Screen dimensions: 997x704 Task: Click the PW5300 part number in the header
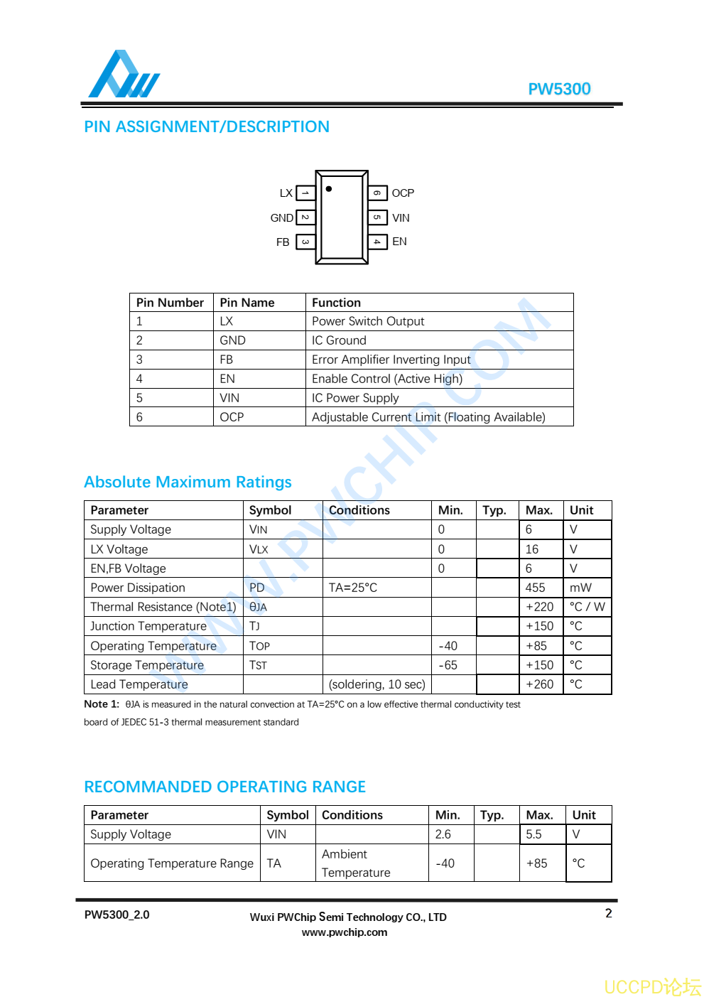tap(559, 89)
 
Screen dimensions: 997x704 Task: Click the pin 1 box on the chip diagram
tap(305, 193)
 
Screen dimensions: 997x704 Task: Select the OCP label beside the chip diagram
tap(403, 193)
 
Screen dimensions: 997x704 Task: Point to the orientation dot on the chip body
tap(328, 189)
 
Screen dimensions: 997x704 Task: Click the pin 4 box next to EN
tap(377, 242)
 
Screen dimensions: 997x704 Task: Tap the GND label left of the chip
tap(281, 218)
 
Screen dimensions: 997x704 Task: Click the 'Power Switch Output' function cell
tap(368, 321)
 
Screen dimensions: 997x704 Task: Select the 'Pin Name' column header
tap(247, 303)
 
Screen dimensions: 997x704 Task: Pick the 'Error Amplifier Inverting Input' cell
tap(391, 360)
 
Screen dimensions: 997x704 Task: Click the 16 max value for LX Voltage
tap(532, 549)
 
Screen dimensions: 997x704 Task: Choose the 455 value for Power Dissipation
tap(535, 588)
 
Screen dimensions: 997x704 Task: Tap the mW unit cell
tap(580, 588)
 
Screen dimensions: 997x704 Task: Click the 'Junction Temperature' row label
tap(148, 626)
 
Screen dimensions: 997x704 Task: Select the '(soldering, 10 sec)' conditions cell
tap(377, 684)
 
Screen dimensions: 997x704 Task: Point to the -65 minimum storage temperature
tap(448, 665)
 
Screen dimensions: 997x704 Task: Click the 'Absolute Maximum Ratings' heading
tap(188, 482)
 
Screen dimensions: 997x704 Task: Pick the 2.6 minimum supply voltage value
tap(443, 834)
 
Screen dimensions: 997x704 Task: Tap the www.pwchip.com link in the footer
tap(345, 932)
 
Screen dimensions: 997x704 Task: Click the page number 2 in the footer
tap(609, 913)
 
